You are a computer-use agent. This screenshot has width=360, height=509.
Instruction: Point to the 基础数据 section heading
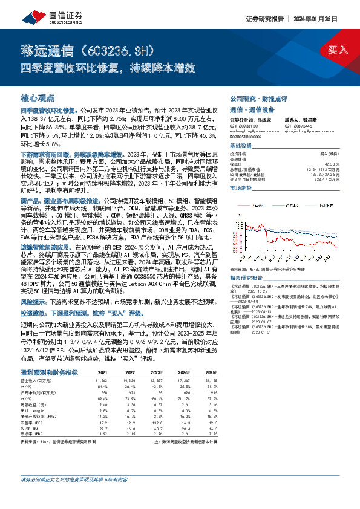click(241, 146)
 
